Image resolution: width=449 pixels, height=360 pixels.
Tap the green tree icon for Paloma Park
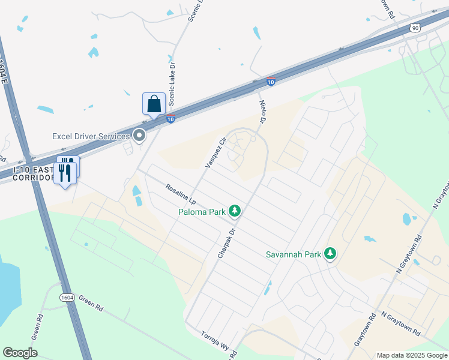(235, 211)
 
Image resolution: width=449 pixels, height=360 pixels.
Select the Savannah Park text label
(294, 254)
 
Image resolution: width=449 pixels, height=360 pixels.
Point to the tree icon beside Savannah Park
(330, 254)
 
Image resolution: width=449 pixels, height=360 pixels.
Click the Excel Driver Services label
(91, 136)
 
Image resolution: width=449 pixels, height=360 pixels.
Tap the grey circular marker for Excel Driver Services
(140, 136)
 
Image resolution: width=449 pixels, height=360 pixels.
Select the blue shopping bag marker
(154, 104)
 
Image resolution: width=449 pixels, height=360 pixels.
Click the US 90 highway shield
(415, 28)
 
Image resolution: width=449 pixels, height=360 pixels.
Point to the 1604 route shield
(67, 298)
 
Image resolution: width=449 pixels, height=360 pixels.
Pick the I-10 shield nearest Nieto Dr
(271, 82)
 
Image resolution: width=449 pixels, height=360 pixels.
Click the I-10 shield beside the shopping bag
(171, 119)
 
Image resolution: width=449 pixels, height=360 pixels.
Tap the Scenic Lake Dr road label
(171, 84)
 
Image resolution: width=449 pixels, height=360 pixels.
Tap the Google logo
(20, 353)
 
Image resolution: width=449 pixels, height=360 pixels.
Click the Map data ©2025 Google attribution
(411, 355)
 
